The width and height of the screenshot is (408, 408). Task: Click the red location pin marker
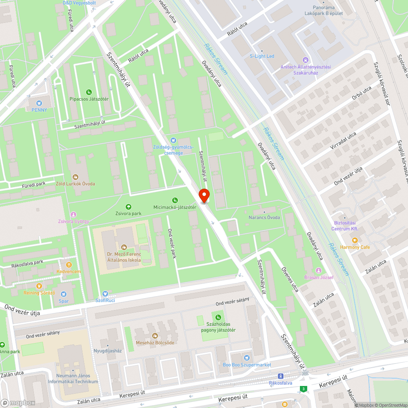click(204, 196)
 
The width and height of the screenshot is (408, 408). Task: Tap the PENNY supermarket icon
click(39, 104)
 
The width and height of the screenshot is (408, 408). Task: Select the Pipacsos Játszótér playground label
click(89, 99)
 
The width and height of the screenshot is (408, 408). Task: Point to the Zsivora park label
click(128, 213)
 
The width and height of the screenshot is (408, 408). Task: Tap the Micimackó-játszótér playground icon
click(175, 200)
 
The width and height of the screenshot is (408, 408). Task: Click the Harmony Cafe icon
click(355, 241)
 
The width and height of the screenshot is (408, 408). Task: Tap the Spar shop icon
click(64, 294)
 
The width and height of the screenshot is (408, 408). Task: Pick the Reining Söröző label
click(39, 293)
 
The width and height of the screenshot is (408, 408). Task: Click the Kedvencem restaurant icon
click(69, 265)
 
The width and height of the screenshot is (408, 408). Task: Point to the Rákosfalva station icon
click(280, 376)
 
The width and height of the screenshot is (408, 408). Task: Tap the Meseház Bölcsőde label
click(155, 342)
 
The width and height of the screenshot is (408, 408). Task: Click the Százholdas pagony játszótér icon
click(218, 317)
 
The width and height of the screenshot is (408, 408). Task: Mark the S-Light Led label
click(262, 56)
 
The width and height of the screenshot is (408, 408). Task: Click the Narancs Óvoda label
click(264, 217)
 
